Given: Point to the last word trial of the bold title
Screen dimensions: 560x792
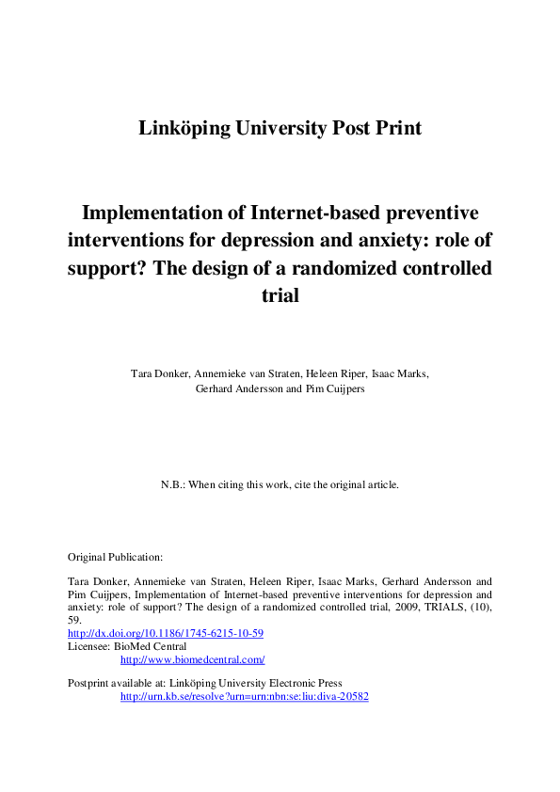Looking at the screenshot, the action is click(x=280, y=294).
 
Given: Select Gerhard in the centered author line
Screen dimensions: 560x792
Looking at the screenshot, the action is click(x=216, y=388).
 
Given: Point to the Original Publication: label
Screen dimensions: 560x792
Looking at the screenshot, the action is click(x=116, y=557).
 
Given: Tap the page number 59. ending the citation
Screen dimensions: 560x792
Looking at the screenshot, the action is click(x=76, y=621).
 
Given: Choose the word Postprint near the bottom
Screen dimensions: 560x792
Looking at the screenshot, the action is click(x=90, y=683).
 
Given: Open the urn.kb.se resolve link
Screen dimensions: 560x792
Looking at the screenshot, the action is click(x=244, y=697).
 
